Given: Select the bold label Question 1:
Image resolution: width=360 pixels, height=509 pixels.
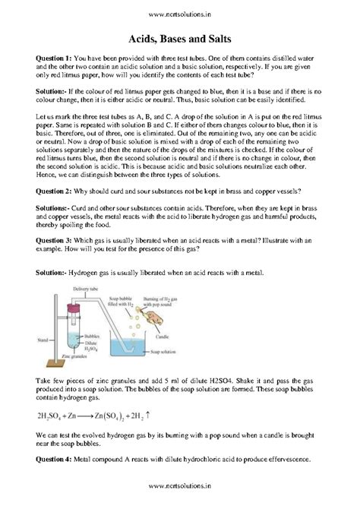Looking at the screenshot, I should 53,58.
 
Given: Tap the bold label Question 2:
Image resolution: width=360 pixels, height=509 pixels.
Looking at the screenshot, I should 53,188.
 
